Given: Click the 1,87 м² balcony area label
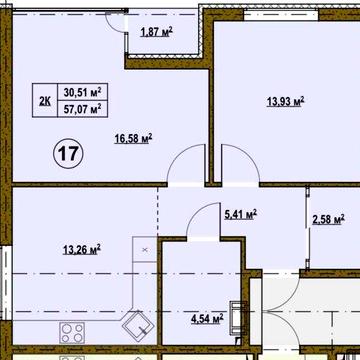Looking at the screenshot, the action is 156,32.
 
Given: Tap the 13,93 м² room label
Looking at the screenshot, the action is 286,101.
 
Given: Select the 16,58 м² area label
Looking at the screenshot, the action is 133,138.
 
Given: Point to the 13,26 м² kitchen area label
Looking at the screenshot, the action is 82,249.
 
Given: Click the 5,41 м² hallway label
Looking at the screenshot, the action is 240,214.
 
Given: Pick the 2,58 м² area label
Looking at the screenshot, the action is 328,220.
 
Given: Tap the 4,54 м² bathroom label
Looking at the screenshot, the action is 207,319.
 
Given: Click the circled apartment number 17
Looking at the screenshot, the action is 68,154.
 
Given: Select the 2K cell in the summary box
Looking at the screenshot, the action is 45,100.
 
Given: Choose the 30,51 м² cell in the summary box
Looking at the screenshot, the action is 83,92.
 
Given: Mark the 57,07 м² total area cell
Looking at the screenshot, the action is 83,109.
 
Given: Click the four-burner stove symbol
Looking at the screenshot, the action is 72,333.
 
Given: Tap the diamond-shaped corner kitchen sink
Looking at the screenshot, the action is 138,326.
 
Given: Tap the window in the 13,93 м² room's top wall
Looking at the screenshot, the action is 281,15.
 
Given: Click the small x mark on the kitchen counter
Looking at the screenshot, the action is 145,249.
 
